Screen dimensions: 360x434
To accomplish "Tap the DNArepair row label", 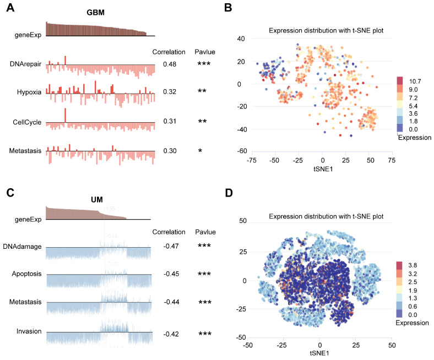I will coord(26,64).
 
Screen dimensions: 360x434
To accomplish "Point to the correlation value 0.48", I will coord(169,64).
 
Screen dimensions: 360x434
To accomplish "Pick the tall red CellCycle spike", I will coord(65,115).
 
